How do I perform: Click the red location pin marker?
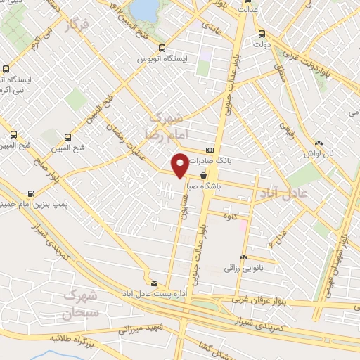[180, 165]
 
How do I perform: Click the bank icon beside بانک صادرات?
[210, 150]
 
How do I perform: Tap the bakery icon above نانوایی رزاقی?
[243, 257]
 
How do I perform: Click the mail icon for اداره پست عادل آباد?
[154, 282]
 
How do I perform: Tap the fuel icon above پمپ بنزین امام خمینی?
[31, 193]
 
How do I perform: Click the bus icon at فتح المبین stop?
[67, 137]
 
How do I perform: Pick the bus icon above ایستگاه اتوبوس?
[162, 49]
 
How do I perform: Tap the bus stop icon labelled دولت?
[262, 33]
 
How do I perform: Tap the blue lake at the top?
[146, 8]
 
